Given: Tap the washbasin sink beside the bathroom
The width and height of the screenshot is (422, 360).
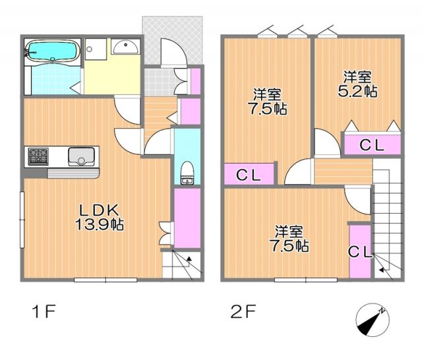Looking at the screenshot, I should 125,46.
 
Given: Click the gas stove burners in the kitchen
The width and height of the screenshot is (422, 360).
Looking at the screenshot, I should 37,156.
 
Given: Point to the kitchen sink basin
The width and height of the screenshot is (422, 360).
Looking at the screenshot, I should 82,157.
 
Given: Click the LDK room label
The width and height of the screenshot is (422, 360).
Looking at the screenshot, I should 100,210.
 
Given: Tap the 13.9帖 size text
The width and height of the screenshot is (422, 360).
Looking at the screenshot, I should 100,224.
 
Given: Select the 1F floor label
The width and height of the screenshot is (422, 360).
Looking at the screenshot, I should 42,311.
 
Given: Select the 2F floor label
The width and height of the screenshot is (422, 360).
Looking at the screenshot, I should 242,311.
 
